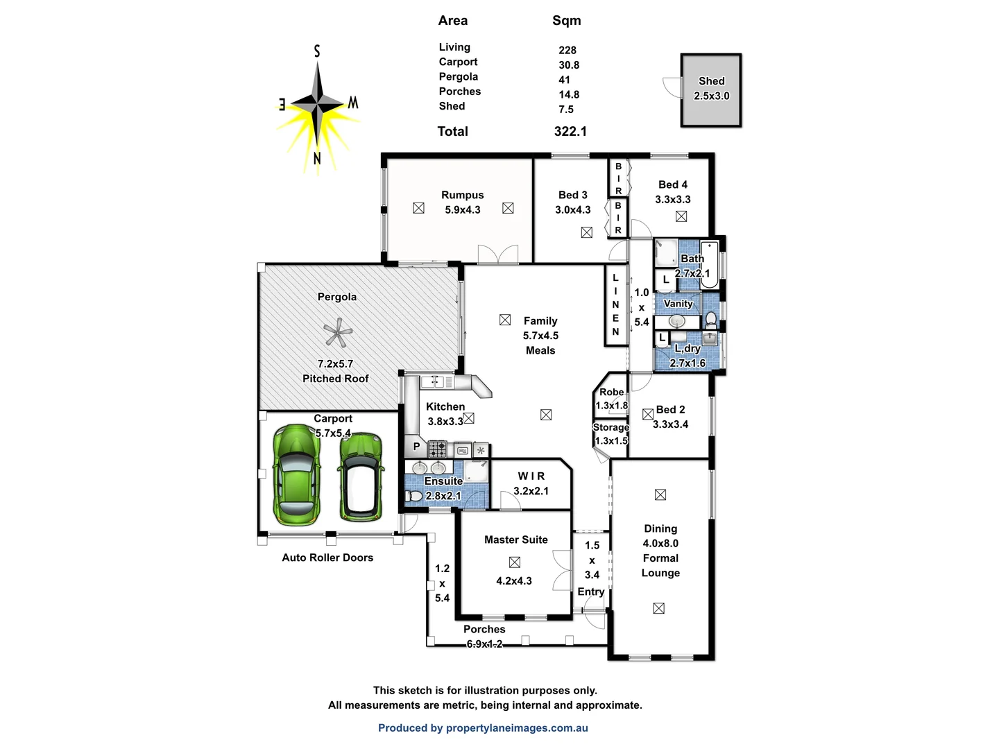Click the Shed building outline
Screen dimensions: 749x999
click(711, 90)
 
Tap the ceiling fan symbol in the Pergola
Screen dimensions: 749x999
click(338, 334)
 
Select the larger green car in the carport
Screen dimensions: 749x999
click(296, 475)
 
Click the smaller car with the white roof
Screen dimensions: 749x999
click(361, 477)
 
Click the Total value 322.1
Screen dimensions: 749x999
click(570, 132)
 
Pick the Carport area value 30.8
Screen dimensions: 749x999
click(569, 65)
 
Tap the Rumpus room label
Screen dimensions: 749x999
click(462, 196)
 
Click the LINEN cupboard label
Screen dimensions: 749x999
click(615, 305)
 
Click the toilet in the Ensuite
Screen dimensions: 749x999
click(413, 497)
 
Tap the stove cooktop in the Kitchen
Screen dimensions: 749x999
click(437, 449)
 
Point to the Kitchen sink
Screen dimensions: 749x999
click(433, 381)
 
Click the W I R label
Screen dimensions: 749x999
click(531, 476)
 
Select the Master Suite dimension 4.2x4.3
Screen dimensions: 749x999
click(514, 581)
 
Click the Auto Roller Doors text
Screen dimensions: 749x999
click(327, 558)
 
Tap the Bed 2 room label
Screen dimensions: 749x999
click(670, 410)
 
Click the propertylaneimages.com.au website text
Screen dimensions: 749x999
click(517, 728)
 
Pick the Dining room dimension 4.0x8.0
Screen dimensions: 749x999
click(660, 544)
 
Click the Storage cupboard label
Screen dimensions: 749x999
click(610, 427)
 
